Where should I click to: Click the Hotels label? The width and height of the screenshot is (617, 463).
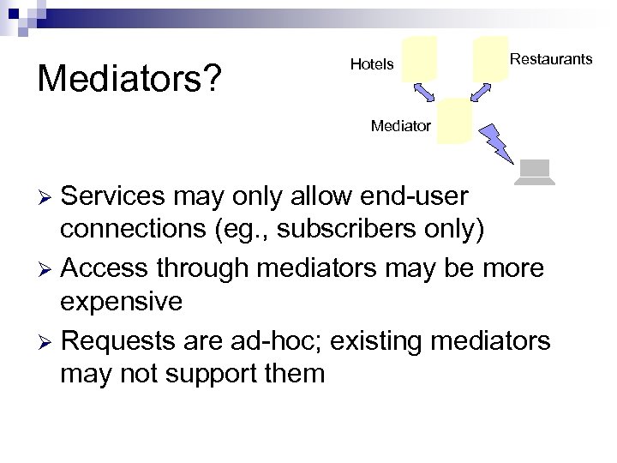pyautogui.click(x=372, y=64)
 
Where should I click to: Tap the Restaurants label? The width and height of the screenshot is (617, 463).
pyautogui.click(x=550, y=59)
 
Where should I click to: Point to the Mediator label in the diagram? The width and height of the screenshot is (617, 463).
pyautogui.click(x=400, y=126)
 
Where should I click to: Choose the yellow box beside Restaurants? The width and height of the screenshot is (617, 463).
pyautogui.click(x=490, y=58)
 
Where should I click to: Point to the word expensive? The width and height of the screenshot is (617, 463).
pyautogui.click(x=121, y=302)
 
